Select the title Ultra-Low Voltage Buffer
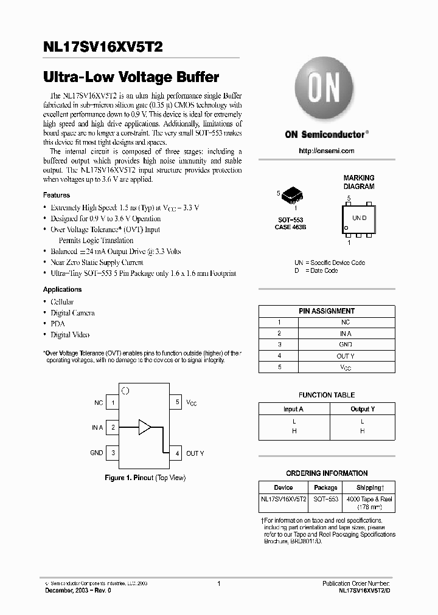tap(131, 78)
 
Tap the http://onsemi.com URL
tap(327, 151)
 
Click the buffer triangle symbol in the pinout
tap(145, 427)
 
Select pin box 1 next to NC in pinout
tap(113, 402)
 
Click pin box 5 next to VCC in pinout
tap(176, 402)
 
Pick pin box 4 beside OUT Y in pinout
tap(176, 453)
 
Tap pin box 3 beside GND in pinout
tap(113, 453)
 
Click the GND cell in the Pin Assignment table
tap(345, 345)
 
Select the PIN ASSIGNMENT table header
tap(327, 311)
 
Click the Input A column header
tap(293, 409)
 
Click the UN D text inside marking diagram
tap(359, 218)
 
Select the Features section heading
tap(57, 195)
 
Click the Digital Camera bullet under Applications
tap(72, 313)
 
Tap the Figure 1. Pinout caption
tap(145, 478)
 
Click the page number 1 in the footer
tap(218, 583)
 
